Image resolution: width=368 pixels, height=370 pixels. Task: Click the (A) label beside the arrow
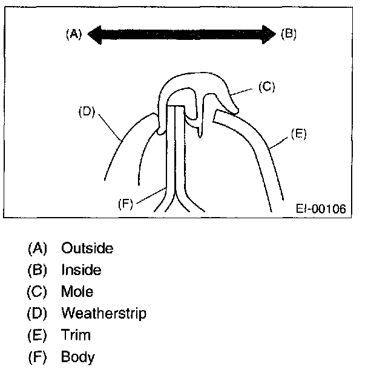point(73,34)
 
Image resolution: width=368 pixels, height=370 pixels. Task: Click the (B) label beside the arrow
point(289,34)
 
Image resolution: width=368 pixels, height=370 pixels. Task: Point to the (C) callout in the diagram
point(267,86)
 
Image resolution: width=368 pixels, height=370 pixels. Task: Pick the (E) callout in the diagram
point(298,134)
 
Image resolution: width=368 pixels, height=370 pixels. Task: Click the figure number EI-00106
point(321,209)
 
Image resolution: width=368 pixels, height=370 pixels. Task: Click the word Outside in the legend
point(87,248)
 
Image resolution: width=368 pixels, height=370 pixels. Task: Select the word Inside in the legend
point(80,270)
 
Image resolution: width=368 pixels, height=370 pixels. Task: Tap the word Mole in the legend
point(77,291)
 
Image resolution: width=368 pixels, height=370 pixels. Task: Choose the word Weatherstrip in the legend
point(103,313)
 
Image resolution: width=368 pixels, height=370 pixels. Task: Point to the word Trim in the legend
point(76,335)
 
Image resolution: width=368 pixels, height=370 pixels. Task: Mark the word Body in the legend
point(77,357)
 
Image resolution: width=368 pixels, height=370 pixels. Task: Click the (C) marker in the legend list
point(37,291)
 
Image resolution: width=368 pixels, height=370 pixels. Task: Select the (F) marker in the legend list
point(37,357)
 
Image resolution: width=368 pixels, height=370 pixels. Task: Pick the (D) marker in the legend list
point(37,313)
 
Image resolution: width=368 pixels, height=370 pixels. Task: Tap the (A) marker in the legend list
point(37,248)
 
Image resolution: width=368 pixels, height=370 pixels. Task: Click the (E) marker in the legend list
point(37,335)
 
